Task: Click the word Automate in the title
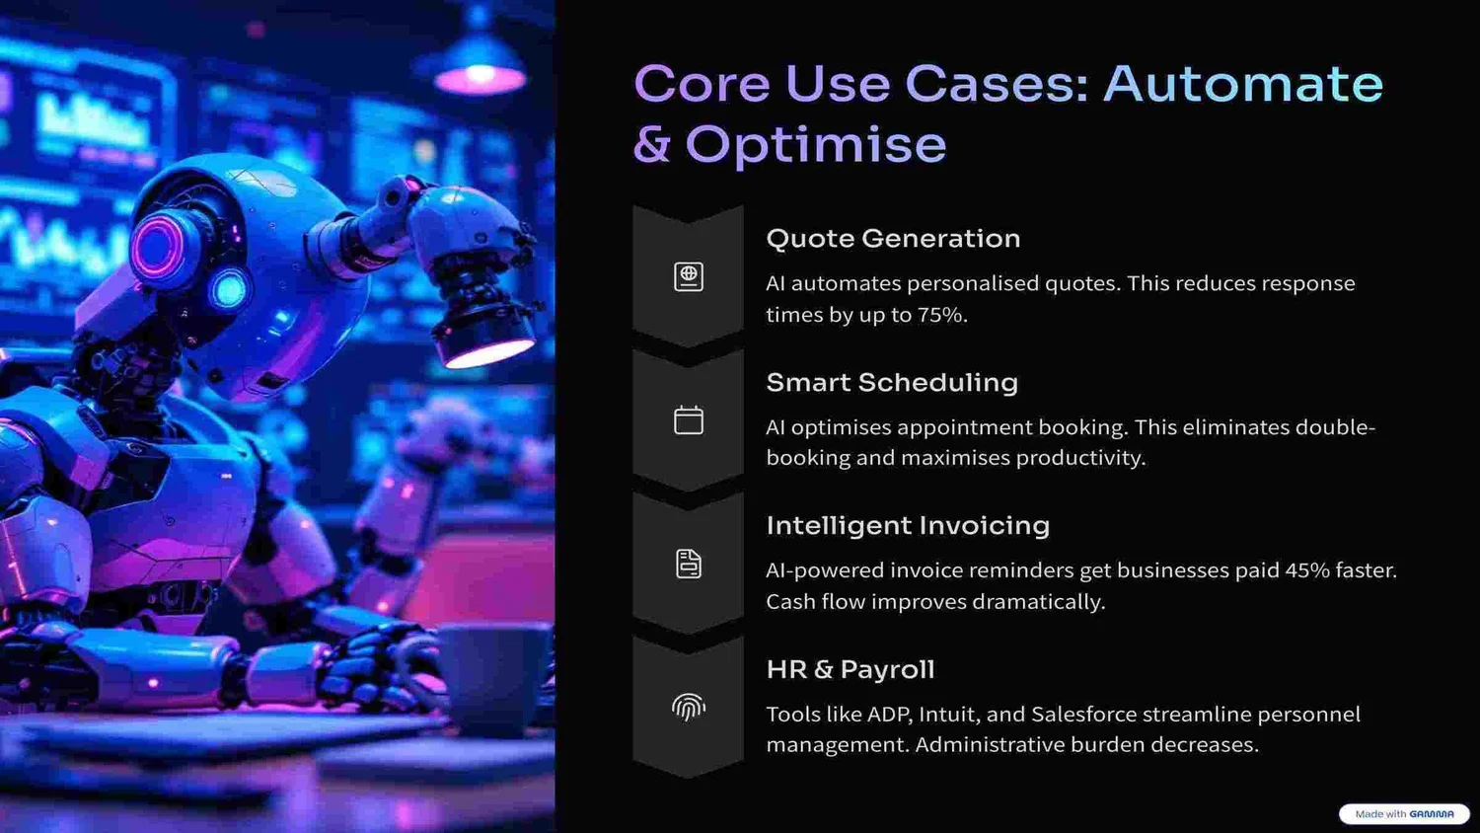(x=1243, y=84)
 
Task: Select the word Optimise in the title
(x=816, y=145)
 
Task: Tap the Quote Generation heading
(x=893, y=239)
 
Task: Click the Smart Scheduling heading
(x=892, y=383)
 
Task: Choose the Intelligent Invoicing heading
(x=908, y=526)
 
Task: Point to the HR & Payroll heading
(x=851, y=670)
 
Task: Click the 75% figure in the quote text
(x=941, y=315)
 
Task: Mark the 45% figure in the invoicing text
(x=1306, y=570)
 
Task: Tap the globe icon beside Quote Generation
(x=689, y=276)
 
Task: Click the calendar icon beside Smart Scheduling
(x=689, y=420)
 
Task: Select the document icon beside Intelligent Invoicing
(x=689, y=564)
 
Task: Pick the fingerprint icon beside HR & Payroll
(x=689, y=707)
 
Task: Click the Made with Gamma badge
(x=1404, y=814)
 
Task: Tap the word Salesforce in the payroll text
(x=1083, y=715)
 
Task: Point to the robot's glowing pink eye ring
(x=160, y=245)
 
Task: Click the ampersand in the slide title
(x=652, y=145)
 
